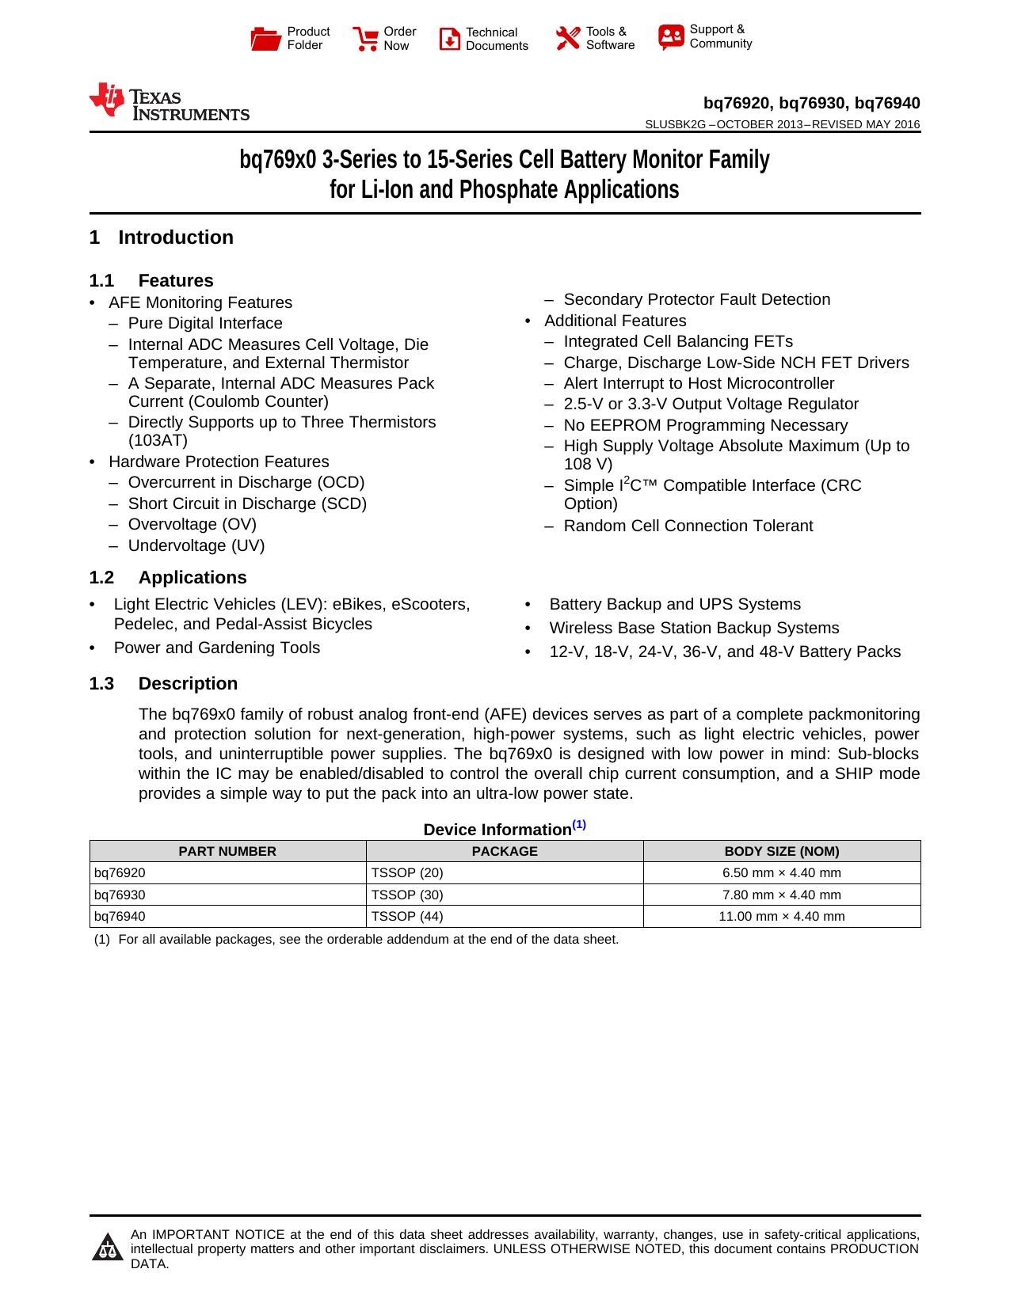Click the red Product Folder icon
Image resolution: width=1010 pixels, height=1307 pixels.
[x=265, y=38]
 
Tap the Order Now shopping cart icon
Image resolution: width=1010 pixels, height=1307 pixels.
[x=365, y=38]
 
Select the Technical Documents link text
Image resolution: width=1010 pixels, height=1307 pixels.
[x=496, y=39]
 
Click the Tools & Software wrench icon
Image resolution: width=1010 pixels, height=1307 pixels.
[x=567, y=38]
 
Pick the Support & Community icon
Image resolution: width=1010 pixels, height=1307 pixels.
[x=671, y=36]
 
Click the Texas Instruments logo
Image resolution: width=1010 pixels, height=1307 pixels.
[x=169, y=102]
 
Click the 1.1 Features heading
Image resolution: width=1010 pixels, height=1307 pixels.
[x=151, y=281]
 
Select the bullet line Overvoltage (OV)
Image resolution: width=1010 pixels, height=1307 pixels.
[x=192, y=524]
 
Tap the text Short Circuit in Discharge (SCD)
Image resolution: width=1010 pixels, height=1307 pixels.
[x=247, y=503]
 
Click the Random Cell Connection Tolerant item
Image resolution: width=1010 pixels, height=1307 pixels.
[x=688, y=526]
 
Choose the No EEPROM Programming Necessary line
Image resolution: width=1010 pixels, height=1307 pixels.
[x=705, y=425]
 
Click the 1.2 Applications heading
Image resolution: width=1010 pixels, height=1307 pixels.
[x=168, y=578]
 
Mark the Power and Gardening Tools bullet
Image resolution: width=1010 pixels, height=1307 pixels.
[x=216, y=648]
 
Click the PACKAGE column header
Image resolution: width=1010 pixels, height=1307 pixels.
[x=505, y=851]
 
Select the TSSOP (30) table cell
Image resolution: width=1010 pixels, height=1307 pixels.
[x=407, y=895]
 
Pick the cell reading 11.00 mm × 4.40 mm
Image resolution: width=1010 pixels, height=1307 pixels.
[x=781, y=916]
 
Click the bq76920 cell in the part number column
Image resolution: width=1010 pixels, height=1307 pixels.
[x=120, y=872]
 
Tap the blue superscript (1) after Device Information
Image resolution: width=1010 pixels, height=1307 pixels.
[x=579, y=825]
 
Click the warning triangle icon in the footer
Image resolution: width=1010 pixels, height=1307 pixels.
[x=107, y=1248]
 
